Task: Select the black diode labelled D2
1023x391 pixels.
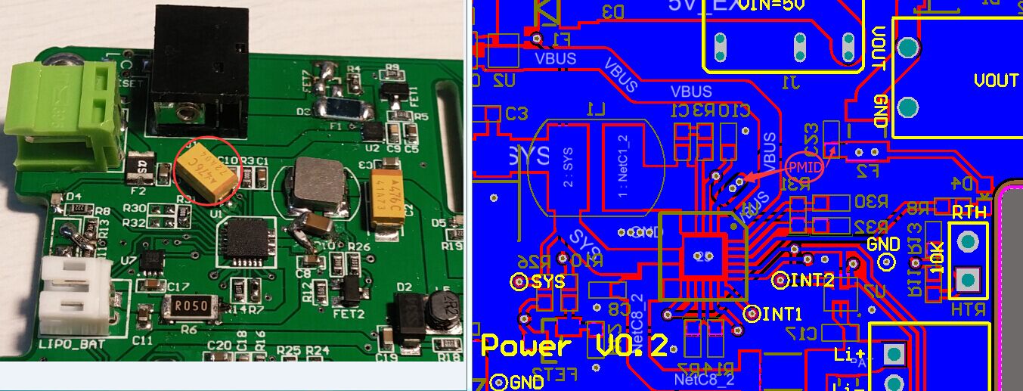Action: [408, 315]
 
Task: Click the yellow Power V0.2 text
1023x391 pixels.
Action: [575, 346]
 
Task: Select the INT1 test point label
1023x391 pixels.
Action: [782, 313]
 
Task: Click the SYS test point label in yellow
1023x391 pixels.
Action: [548, 282]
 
